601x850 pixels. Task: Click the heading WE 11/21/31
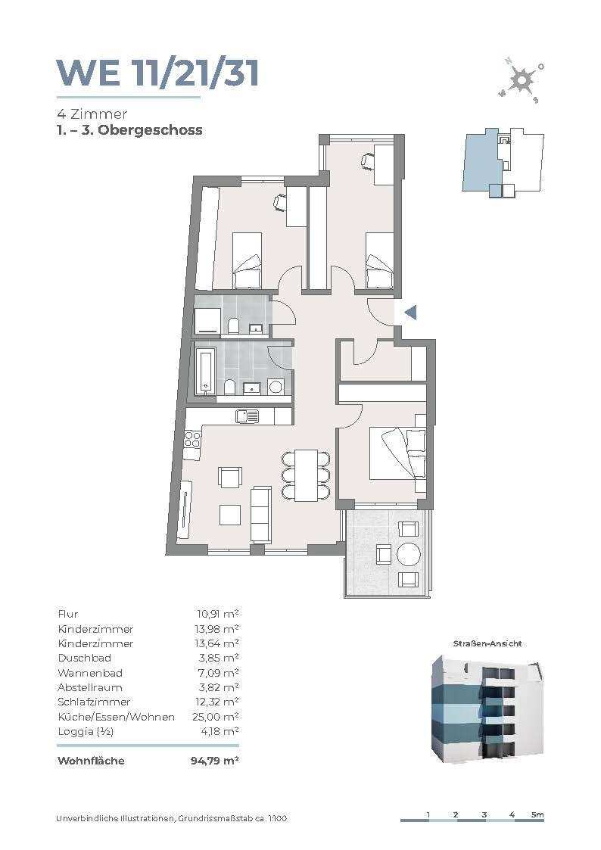[157, 73]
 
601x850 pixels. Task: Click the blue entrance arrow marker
[411, 313]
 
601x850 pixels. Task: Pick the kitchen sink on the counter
[247, 416]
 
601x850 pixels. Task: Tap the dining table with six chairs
[306, 475]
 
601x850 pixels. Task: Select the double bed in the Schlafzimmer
[397, 454]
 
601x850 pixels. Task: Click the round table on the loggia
[409, 554]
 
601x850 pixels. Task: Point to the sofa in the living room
[260, 514]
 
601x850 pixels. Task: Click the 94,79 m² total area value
[215, 761]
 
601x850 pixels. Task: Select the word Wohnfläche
[91, 761]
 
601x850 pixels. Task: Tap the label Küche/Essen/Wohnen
[116, 718]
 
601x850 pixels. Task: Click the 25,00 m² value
[216, 717]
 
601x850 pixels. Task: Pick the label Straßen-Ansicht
[487, 643]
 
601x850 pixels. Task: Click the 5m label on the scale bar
[537, 814]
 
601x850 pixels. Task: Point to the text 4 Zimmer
[92, 114]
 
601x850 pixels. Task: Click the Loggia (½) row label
[86, 732]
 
